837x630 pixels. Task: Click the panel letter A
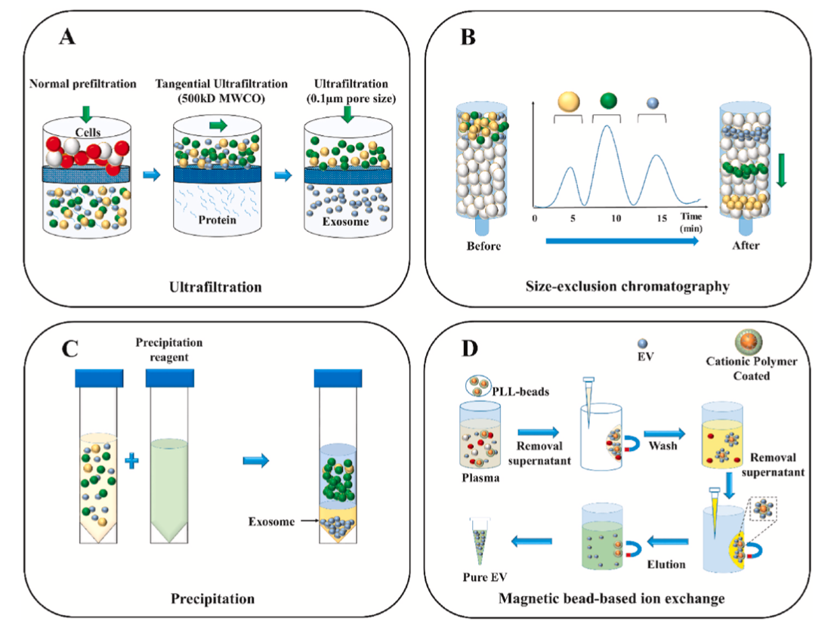pos(68,38)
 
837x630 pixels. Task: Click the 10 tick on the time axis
pos(616,218)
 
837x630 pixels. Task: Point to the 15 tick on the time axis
pos(661,218)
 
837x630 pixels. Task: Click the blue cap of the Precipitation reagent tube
pos(171,375)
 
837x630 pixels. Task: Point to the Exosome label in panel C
pos(271,521)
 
